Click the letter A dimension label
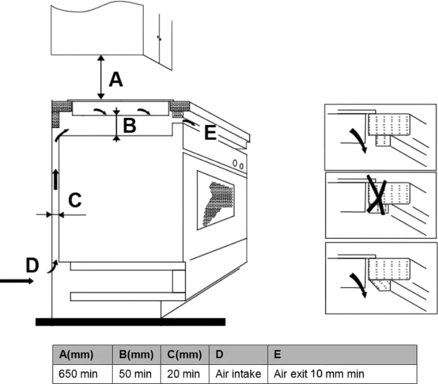(x=115, y=80)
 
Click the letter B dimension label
(x=129, y=126)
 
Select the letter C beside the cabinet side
(x=74, y=200)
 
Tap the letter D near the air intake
(x=33, y=265)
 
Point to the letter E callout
(x=210, y=133)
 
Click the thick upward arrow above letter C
(x=56, y=179)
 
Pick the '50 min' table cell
(x=136, y=374)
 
